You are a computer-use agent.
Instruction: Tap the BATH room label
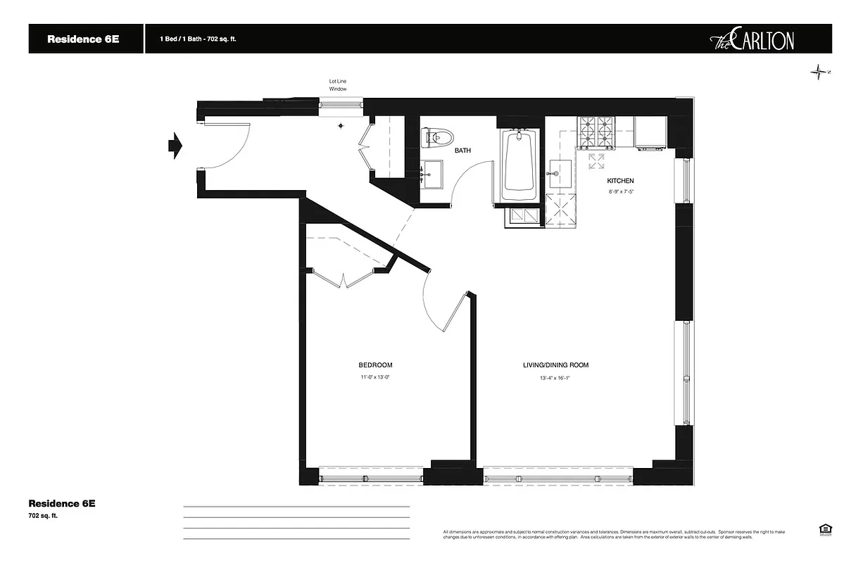coord(462,151)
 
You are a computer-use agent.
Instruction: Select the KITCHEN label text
coord(620,181)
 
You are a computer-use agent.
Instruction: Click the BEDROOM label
coord(375,365)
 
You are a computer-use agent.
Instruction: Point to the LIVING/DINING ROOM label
coord(555,365)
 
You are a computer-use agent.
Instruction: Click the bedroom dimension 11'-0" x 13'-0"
coord(375,378)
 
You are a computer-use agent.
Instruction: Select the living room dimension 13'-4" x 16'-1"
coord(555,378)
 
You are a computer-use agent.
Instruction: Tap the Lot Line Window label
coord(338,85)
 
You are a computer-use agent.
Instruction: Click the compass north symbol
coord(818,72)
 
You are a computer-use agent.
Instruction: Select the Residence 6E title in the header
coord(83,39)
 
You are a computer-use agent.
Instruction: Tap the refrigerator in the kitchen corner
coord(650,133)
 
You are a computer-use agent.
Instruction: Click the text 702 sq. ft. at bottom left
coord(43,516)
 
